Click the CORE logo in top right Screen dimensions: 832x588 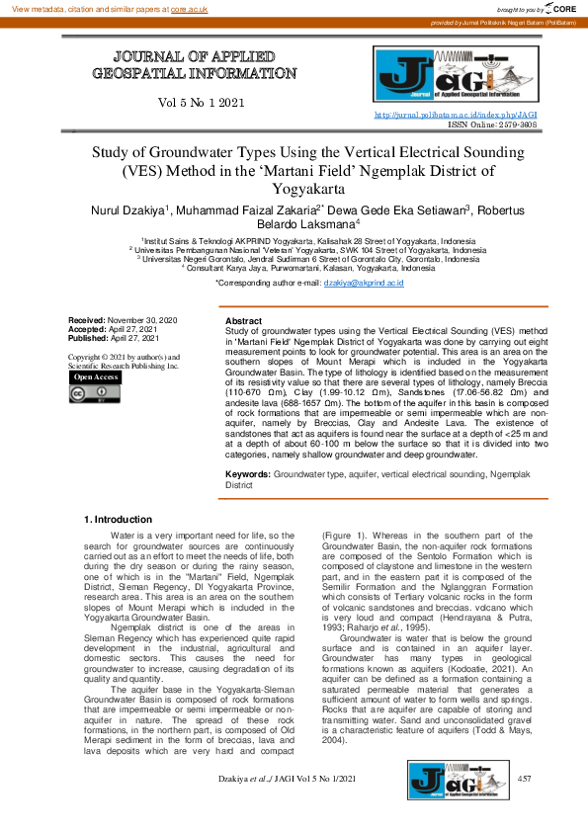click(560, 8)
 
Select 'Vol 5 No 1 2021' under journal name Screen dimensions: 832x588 click(201, 103)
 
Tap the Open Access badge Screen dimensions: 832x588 click(96, 376)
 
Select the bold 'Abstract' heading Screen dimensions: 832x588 click(244, 322)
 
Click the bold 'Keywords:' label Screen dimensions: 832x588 click(248, 475)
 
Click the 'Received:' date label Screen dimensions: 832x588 click(86, 321)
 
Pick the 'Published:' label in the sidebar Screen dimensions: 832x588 click(88, 339)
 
